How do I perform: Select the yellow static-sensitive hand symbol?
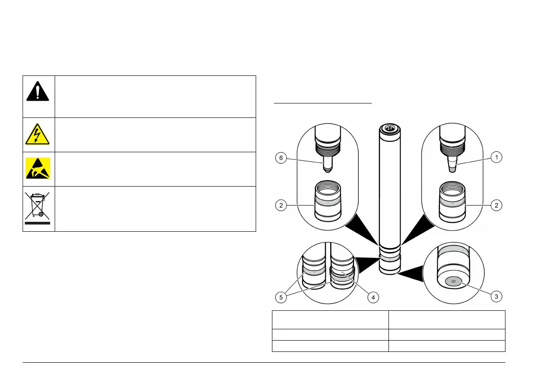coord(38,168)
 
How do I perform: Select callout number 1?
coord(497,157)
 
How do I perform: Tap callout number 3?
coord(496,296)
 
